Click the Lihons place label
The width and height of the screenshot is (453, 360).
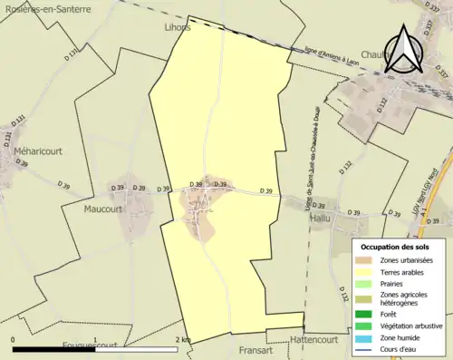178,28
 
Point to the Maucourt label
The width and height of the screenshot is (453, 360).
102,209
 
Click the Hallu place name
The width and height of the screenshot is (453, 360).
321,219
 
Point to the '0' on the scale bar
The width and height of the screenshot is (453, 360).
13,340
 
